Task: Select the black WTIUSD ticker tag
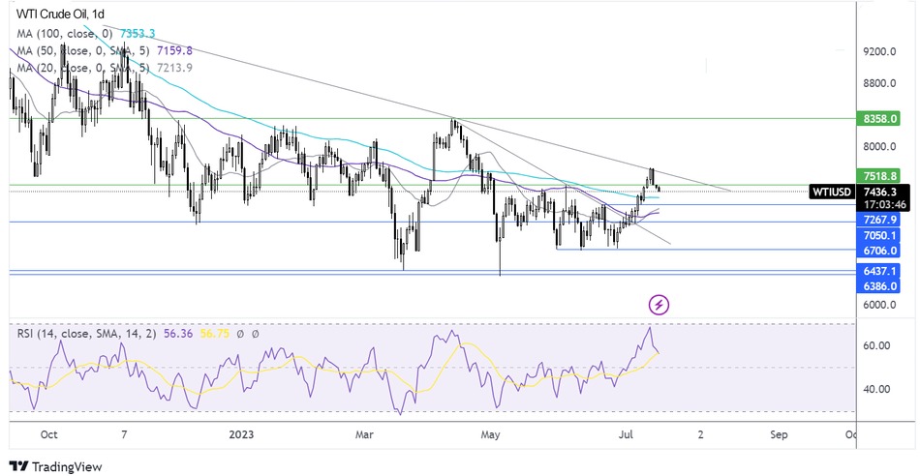[x=833, y=192]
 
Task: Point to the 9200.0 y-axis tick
[x=884, y=52]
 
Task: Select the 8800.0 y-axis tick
[x=884, y=84]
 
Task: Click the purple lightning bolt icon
[x=659, y=305]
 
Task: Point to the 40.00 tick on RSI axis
[x=877, y=389]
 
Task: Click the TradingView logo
[x=55, y=466]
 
